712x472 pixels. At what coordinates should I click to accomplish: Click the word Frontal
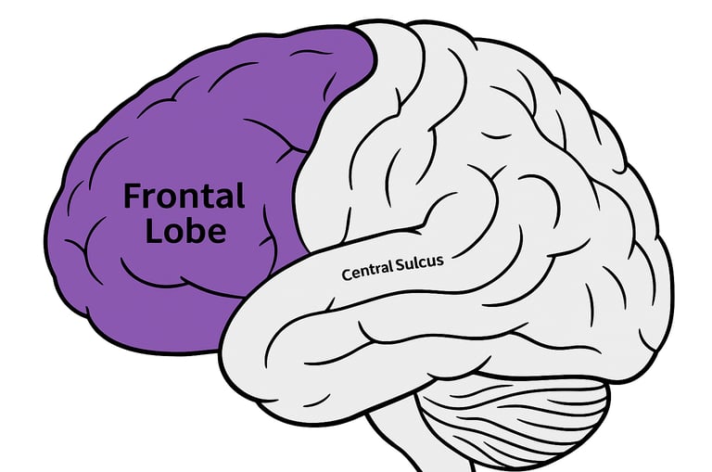[x=184, y=197]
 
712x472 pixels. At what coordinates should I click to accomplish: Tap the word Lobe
[x=186, y=230]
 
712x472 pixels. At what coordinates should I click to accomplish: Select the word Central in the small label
[x=365, y=273]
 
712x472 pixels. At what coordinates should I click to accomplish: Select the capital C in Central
[x=347, y=275]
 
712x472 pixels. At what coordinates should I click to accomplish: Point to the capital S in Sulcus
[x=400, y=266]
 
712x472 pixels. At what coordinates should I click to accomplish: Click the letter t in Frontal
[x=201, y=197]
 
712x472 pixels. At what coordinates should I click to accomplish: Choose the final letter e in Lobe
[x=216, y=232]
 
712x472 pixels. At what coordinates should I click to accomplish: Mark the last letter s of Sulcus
[x=439, y=261]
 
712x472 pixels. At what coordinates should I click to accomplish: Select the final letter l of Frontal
[x=239, y=195]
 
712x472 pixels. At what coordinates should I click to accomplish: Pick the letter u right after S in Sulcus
[x=408, y=265]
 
